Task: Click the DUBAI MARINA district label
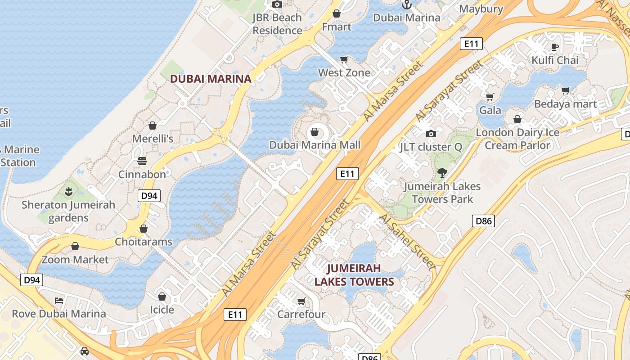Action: tap(210, 79)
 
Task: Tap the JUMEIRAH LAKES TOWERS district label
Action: tap(354, 275)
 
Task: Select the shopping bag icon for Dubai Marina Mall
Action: tap(315, 132)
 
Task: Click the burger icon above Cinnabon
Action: tap(142, 161)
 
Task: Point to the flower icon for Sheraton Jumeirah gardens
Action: tap(68, 192)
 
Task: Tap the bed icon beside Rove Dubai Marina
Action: tap(59, 300)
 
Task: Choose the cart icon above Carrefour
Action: tap(301, 301)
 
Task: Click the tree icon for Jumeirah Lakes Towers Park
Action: tap(442, 172)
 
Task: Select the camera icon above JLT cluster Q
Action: tap(431, 134)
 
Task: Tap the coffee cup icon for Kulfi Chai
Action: tap(555, 47)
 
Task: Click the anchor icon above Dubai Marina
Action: tap(406, 5)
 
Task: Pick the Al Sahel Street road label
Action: tap(408, 242)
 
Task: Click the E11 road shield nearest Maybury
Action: tap(471, 44)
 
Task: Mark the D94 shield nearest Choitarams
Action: tap(149, 195)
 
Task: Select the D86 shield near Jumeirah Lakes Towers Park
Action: tap(484, 221)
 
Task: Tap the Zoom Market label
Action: tap(75, 260)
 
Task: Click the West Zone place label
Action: tap(344, 72)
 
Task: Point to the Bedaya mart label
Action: tap(565, 104)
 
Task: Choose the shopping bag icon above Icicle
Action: tap(162, 297)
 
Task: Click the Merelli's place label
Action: tap(153, 139)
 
